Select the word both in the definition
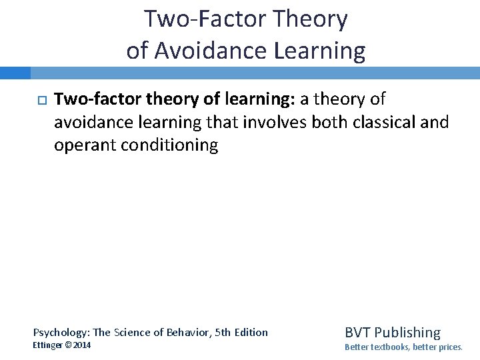coord(331,123)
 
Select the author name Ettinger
coord(49,345)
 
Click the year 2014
coord(82,345)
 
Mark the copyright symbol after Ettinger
coord(69,345)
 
